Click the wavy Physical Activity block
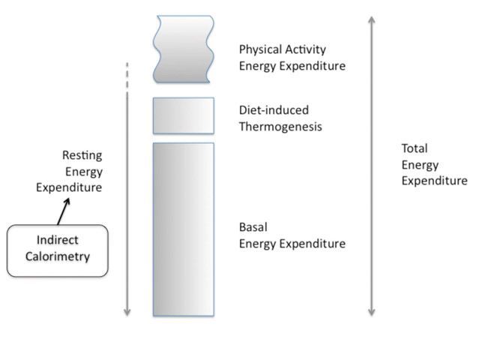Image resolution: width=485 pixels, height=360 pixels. coord(184,49)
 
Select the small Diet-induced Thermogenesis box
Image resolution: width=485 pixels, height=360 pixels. coord(184,115)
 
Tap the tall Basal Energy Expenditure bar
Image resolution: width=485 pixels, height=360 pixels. coord(184,229)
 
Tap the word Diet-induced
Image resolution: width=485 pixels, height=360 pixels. coord(274,110)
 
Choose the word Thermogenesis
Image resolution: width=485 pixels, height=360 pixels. coord(280,127)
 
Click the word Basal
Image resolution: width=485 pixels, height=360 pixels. coord(254,227)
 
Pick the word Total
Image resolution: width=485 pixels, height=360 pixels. coord(414,148)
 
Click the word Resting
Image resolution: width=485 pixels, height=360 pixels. coord(82,155)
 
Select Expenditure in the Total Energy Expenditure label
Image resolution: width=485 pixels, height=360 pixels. coord(434,181)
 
